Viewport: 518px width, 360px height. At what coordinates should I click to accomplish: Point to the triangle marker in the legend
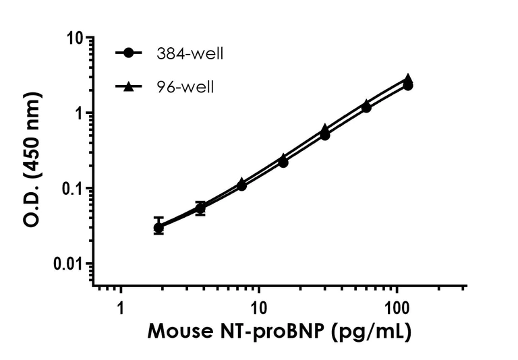pos(129,86)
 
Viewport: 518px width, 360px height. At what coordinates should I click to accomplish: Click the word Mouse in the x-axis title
pos(176,332)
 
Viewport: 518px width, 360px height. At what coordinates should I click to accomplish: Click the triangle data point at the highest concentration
pos(408,79)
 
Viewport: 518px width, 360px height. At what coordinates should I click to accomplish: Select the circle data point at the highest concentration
pos(408,86)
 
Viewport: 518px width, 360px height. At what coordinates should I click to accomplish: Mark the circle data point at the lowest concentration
pos(159,228)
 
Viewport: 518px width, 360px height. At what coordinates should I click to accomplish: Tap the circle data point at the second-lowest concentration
pos(200,209)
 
